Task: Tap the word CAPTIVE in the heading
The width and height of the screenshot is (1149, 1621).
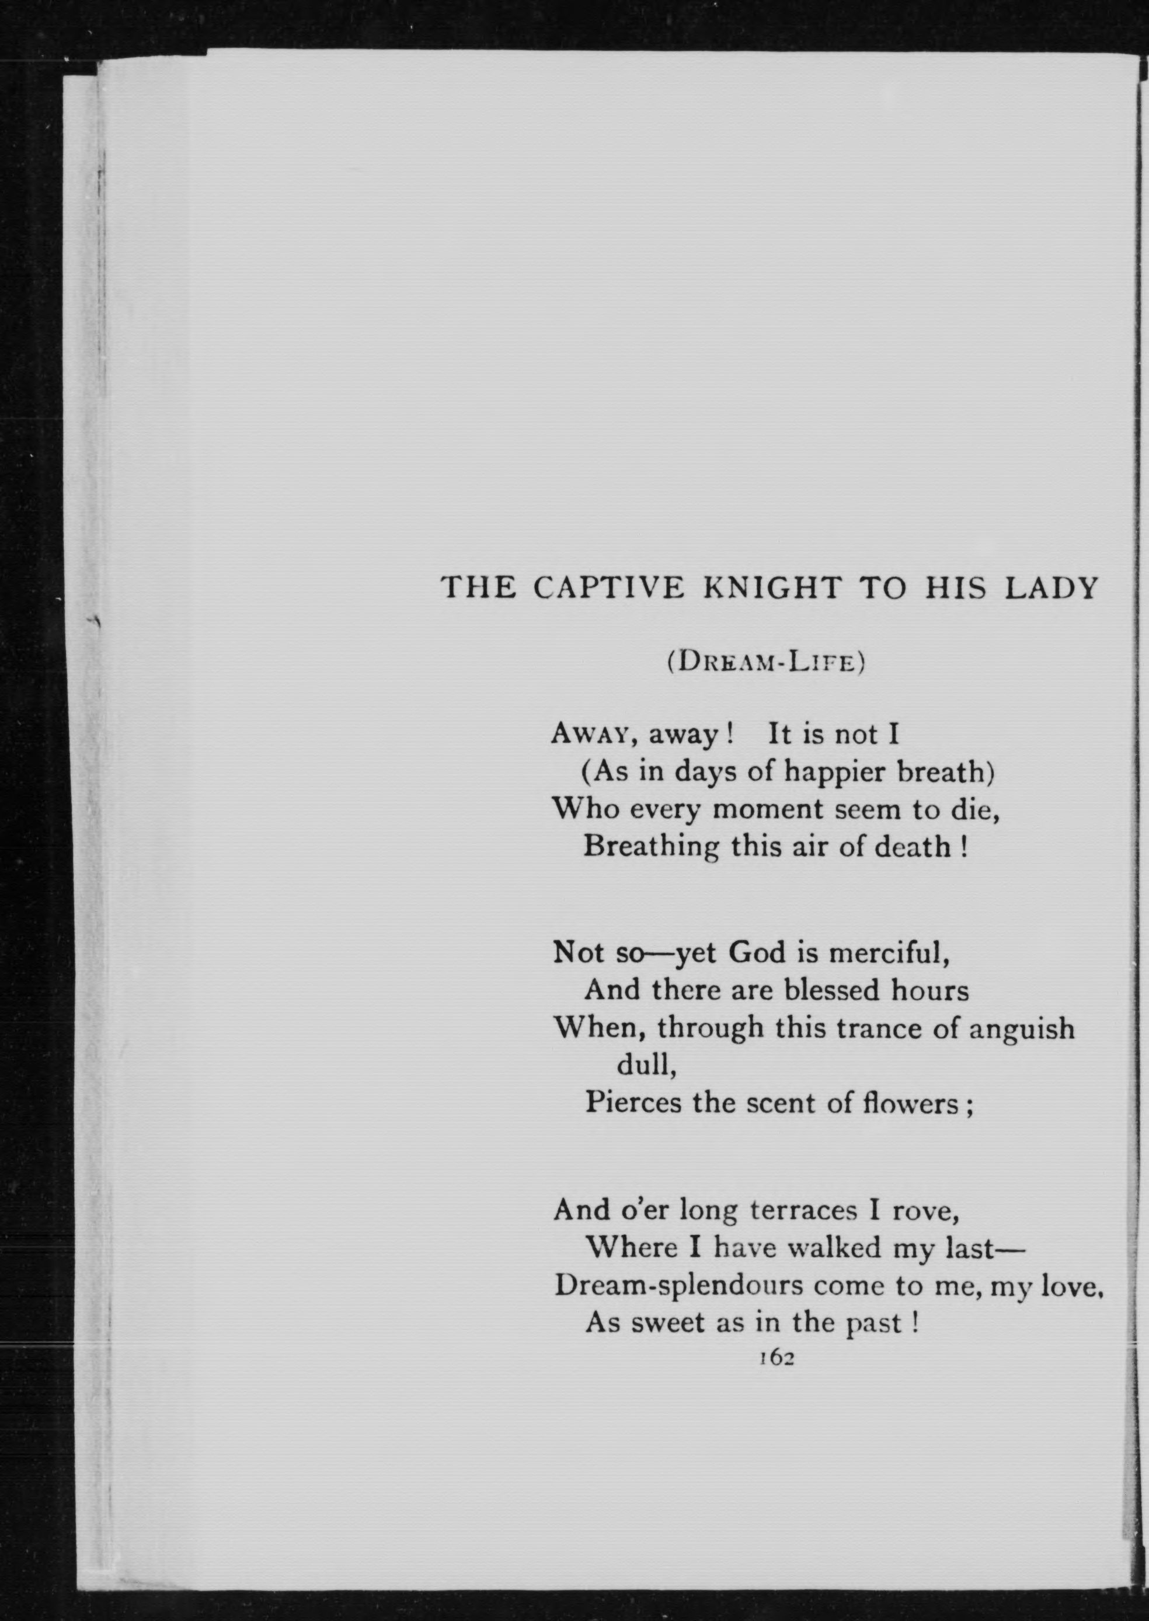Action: (x=608, y=589)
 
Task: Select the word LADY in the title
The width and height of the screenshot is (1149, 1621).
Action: (x=1051, y=589)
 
